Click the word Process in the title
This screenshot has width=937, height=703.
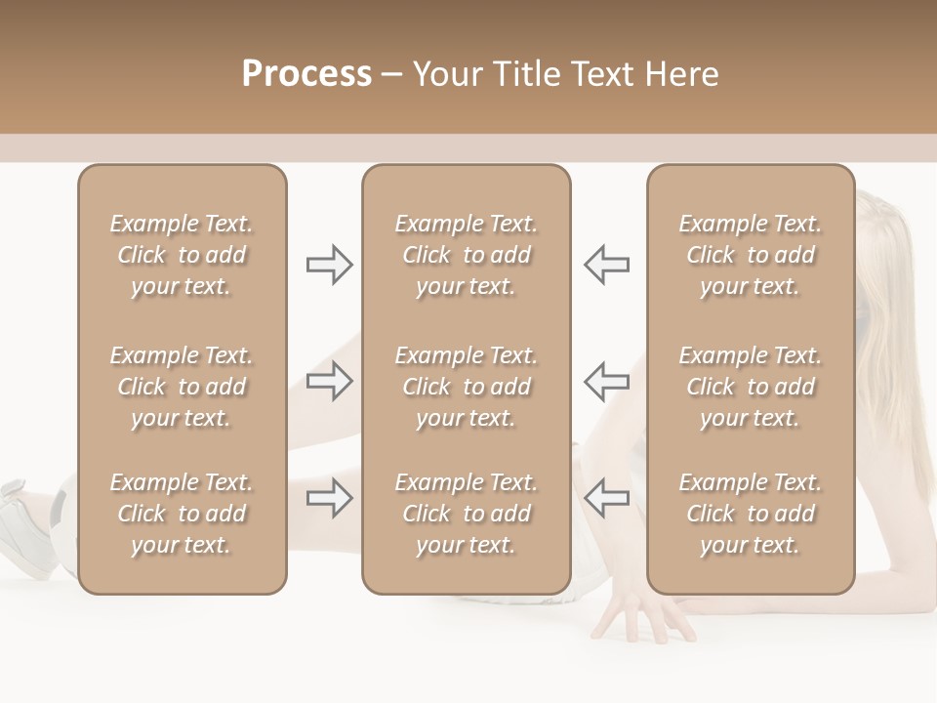[306, 74]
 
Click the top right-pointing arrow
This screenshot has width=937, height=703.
[329, 265]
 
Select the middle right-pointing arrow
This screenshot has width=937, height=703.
[329, 381]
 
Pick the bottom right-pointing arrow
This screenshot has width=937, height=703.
[329, 498]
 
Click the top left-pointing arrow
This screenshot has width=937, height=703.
[607, 265]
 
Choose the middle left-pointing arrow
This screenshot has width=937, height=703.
[607, 381]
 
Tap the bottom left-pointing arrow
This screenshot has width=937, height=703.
[607, 498]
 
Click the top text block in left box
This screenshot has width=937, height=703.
[182, 255]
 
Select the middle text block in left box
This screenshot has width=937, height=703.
[182, 387]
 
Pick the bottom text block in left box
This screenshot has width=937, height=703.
[182, 514]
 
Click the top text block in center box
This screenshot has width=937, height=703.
[467, 255]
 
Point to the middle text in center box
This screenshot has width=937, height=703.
[467, 387]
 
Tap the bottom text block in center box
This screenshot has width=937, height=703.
[467, 514]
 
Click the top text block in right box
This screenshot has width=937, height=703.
[751, 255]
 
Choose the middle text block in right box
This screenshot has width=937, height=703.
[751, 387]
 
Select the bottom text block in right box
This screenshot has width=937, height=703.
[751, 514]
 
